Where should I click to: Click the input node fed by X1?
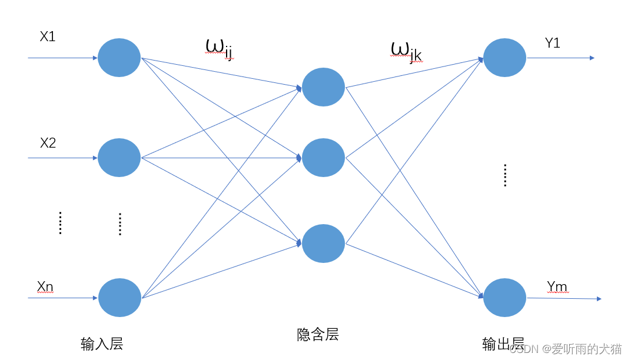point(119,58)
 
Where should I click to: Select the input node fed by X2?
point(119,158)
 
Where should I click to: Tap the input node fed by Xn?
point(119,298)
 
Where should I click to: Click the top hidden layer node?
point(323,87)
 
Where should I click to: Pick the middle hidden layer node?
point(323,158)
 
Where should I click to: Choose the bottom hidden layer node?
point(323,244)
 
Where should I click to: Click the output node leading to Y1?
point(504,58)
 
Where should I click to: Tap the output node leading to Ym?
point(504,298)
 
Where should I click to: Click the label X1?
point(48,36)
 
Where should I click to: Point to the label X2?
point(48,143)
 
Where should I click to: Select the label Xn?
point(45,286)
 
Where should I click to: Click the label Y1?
point(552,43)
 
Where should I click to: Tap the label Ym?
point(557,286)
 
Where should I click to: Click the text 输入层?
point(102,344)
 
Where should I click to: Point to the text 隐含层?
point(318,335)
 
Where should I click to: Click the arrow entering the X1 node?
point(62,58)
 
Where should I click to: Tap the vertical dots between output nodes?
point(505,176)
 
